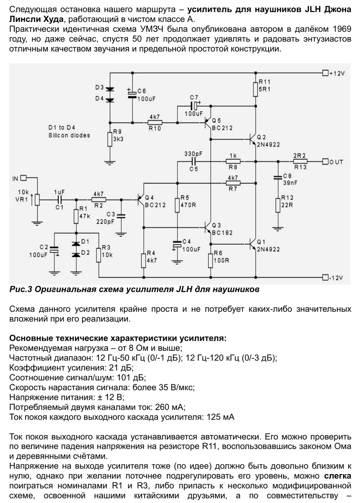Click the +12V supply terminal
pyautogui.click(x=325, y=73)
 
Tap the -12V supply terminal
pyautogui.click(x=325, y=277)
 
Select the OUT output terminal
pyautogui.click(x=325, y=161)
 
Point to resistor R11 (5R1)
pyautogui.click(x=255, y=89)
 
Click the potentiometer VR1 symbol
pyautogui.click(x=37, y=200)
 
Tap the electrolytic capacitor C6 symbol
pyautogui.click(x=132, y=94)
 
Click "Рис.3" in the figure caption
pyautogui.click(x=21, y=289)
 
